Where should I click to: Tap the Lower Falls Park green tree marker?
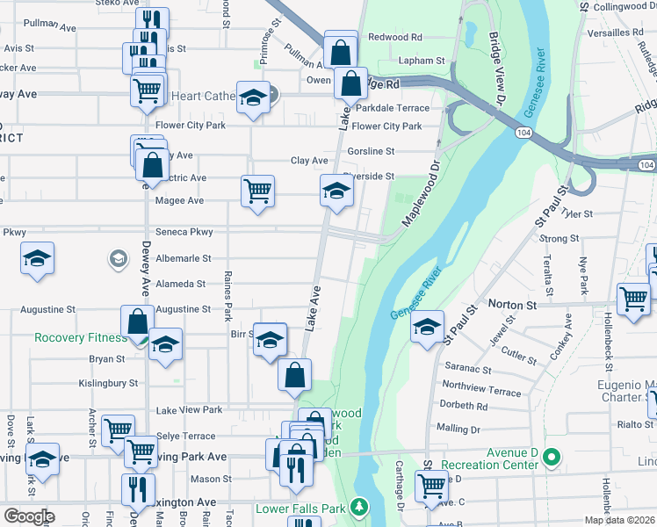click(358, 508)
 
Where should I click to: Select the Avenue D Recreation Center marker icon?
click(551, 457)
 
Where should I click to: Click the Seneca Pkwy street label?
click(184, 232)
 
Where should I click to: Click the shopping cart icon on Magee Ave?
click(257, 190)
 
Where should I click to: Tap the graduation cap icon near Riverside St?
click(336, 191)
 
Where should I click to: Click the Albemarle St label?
click(184, 258)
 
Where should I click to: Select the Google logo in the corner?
click(30, 516)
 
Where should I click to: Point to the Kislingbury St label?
click(108, 383)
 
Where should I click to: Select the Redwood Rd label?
click(395, 37)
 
